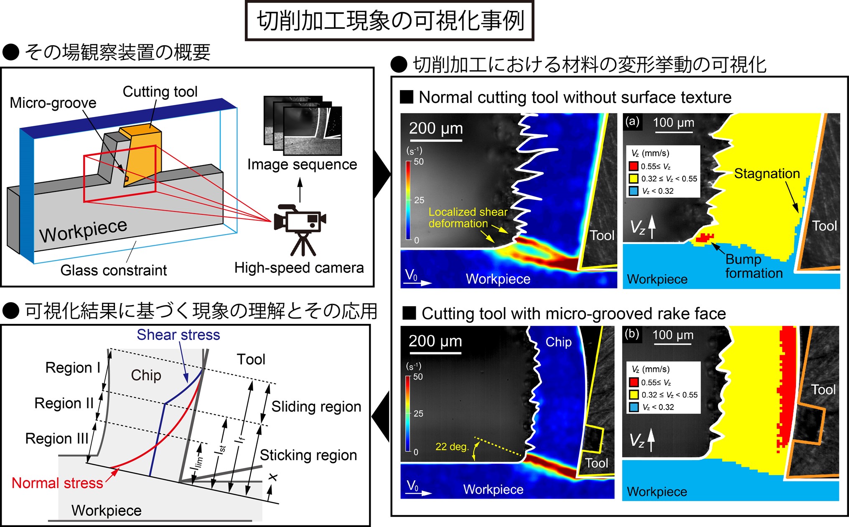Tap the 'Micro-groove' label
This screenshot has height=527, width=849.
(x=53, y=103)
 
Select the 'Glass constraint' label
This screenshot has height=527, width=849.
(x=114, y=270)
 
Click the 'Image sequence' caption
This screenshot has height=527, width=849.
(x=302, y=165)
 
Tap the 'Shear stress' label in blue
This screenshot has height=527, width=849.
(x=178, y=335)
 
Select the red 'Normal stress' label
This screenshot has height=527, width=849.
(x=57, y=483)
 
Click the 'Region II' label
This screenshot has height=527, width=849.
(x=64, y=403)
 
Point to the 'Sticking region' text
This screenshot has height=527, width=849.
(x=308, y=455)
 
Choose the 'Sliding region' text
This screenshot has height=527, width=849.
(x=316, y=407)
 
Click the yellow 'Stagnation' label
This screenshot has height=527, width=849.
(x=767, y=173)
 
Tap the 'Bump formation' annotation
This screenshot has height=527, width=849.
(x=754, y=266)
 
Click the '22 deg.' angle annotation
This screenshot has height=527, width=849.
(x=452, y=447)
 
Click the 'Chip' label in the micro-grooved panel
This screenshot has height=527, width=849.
(x=559, y=342)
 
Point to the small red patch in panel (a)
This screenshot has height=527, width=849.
(x=705, y=238)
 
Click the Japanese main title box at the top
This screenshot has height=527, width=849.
(x=389, y=21)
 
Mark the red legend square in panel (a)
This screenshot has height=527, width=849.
(x=634, y=166)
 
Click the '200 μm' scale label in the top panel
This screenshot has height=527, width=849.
(x=436, y=129)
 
